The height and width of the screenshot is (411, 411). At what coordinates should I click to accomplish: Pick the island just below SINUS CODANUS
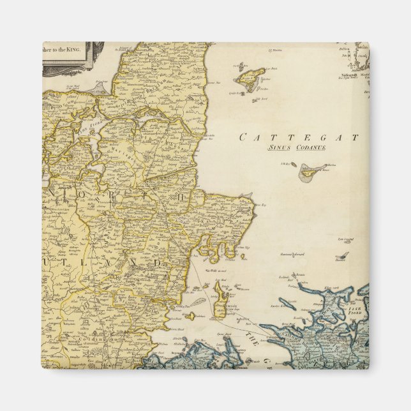click(311, 170)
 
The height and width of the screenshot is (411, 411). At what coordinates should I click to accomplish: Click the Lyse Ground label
click(346, 239)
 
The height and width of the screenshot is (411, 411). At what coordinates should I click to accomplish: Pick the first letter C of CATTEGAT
click(243, 137)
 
